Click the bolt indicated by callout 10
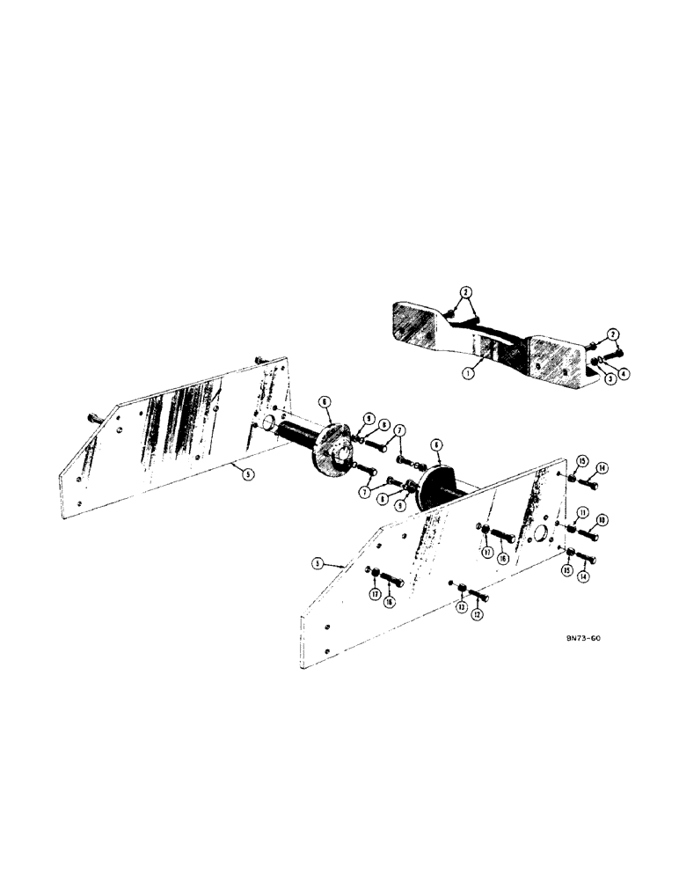point(588,534)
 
